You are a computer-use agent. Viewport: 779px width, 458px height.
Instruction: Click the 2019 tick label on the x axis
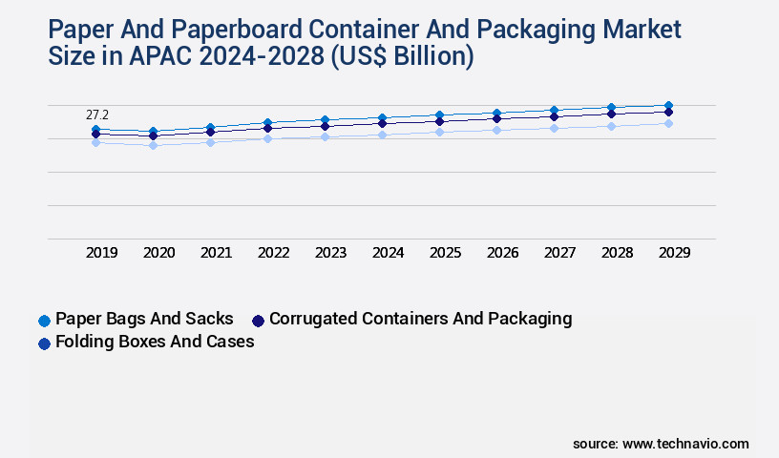tap(101, 253)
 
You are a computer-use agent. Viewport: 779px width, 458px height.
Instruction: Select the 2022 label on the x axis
tap(273, 253)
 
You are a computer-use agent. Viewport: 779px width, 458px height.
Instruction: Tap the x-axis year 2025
tap(445, 253)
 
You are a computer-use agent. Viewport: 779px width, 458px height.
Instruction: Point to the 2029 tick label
tap(673, 253)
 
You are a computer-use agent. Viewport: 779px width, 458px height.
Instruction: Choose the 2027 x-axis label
tap(559, 253)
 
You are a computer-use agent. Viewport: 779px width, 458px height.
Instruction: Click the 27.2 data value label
tap(97, 114)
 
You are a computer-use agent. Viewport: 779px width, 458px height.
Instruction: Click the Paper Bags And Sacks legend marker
tap(44, 320)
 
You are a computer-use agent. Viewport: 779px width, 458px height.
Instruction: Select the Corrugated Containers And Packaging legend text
tap(420, 319)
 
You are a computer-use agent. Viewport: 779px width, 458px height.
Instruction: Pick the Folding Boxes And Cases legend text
tap(155, 342)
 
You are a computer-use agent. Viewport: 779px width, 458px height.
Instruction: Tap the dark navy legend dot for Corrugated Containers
tap(258, 320)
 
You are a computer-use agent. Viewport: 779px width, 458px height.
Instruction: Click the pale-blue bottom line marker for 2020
tap(153, 145)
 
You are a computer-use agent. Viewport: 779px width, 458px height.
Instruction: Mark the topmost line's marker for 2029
tap(668, 105)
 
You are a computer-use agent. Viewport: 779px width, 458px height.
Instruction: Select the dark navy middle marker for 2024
tap(382, 123)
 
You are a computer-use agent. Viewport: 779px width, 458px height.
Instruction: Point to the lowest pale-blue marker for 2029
tap(668, 123)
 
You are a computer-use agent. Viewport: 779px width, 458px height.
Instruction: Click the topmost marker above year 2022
tap(267, 122)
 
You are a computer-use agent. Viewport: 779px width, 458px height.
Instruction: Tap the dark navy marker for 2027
tap(554, 116)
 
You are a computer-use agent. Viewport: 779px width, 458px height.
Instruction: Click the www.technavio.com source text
tap(685, 444)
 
